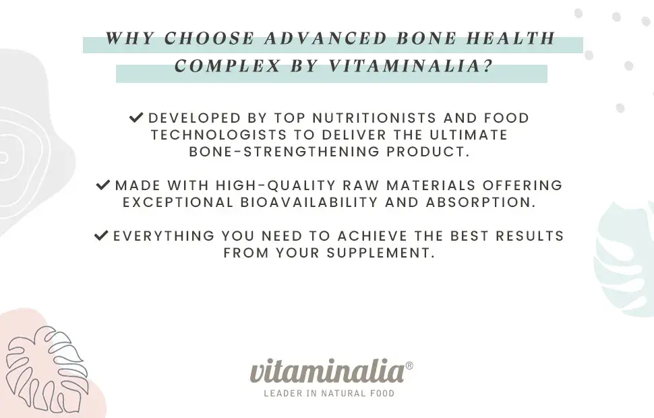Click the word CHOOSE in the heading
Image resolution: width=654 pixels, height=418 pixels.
[x=209, y=38]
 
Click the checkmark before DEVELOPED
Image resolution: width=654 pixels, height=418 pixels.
[x=136, y=117]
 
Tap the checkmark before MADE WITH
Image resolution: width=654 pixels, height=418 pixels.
[x=102, y=185]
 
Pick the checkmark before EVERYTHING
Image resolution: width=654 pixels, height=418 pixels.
[x=101, y=236]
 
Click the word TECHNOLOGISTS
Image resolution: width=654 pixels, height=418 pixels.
[x=219, y=135]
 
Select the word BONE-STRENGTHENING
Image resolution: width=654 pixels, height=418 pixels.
[x=285, y=152]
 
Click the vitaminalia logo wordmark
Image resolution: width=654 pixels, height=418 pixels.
[x=327, y=371]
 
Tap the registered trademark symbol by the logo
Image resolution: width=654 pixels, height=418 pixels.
[x=409, y=365]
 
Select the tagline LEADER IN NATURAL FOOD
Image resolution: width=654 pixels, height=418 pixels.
[x=329, y=393]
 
